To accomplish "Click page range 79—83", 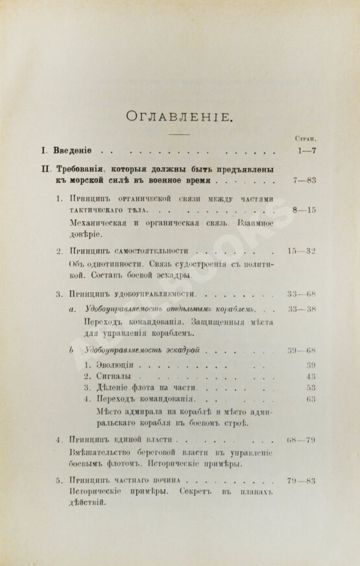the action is coord(302,481).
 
